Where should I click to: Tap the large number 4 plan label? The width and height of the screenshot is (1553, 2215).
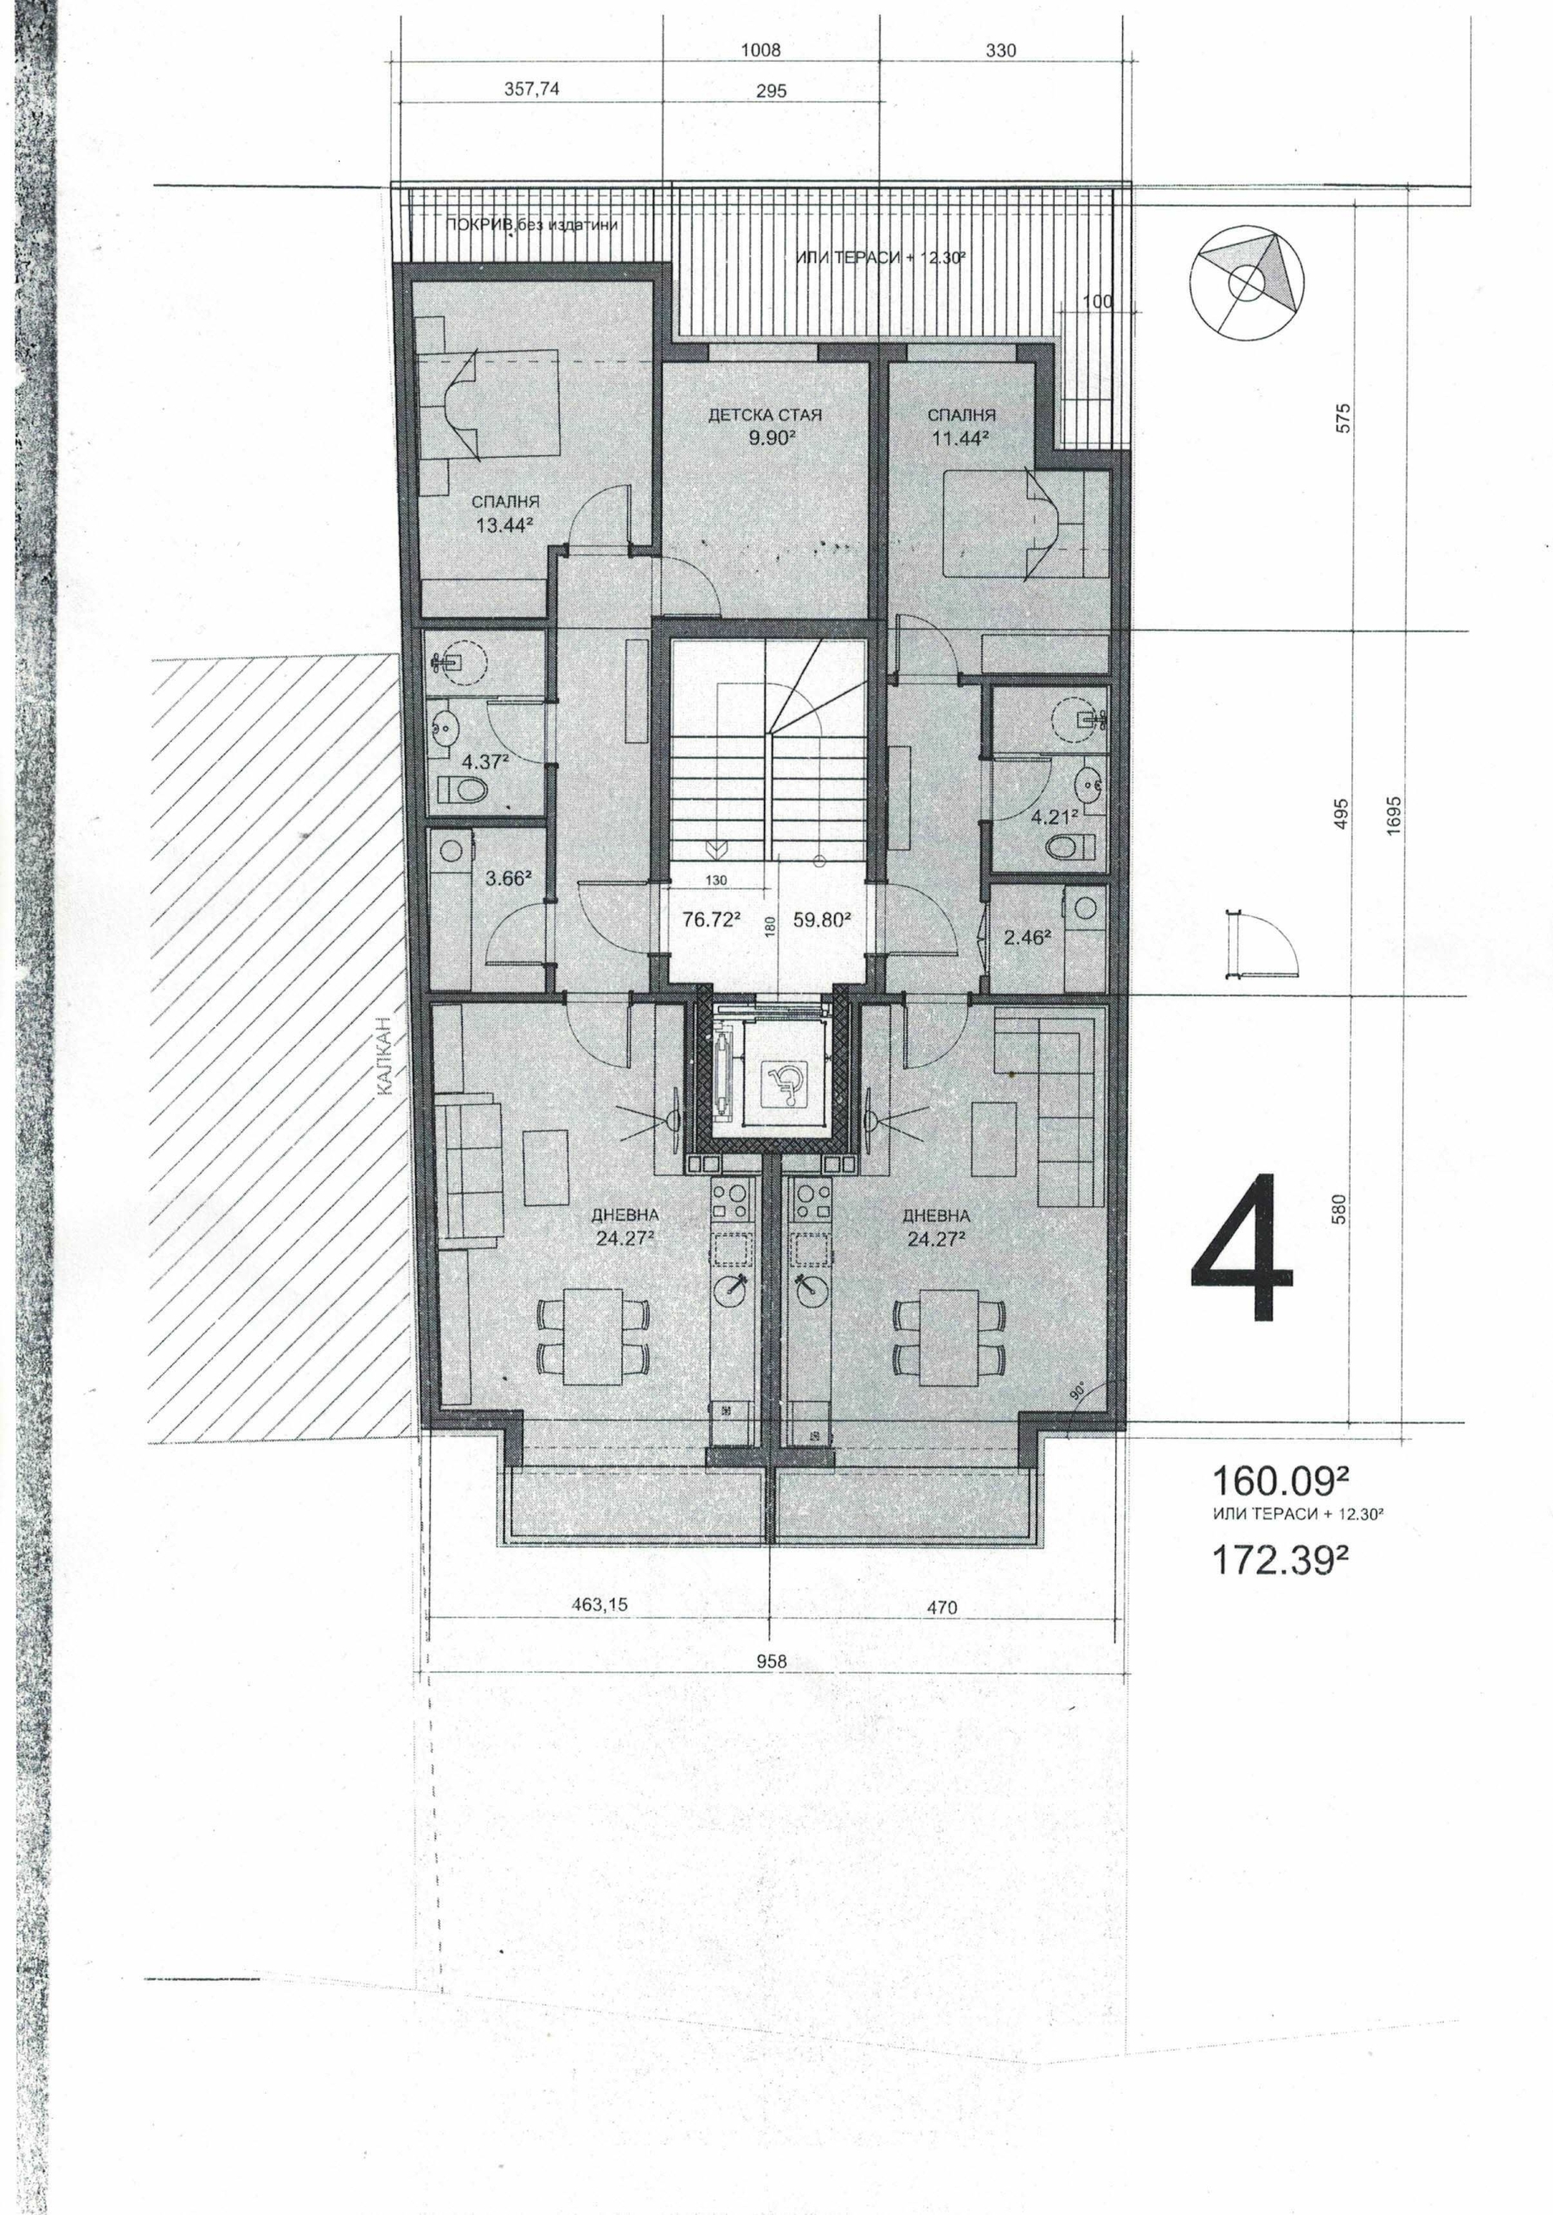(1242, 1249)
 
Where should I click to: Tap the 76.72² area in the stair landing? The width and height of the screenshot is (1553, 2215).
(711, 920)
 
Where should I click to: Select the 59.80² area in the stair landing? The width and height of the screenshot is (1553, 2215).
(821, 920)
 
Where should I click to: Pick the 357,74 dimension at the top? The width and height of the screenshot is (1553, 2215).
(532, 90)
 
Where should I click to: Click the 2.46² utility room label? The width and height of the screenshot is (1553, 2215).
(1028, 934)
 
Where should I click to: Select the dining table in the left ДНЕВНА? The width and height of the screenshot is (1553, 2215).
(591, 1336)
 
